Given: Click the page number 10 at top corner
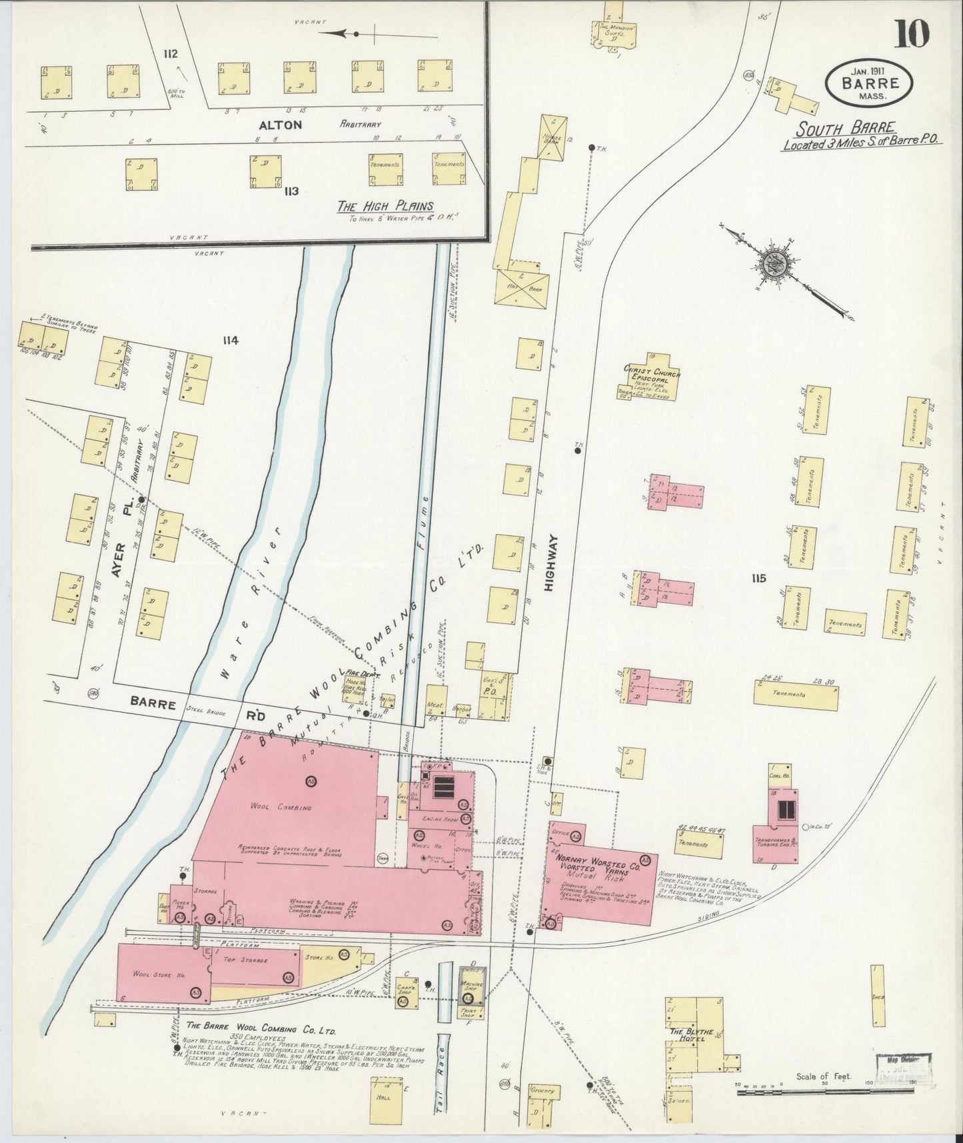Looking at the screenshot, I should coord(911,33).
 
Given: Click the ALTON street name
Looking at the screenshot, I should coord(281,125).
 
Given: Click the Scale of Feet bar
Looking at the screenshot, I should coord(822,1092).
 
